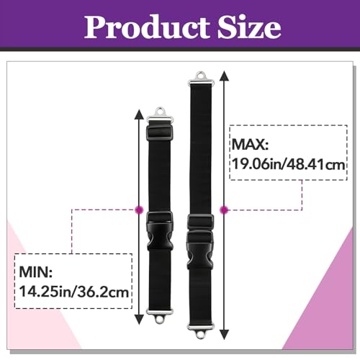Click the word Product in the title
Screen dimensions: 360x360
pos(147,27)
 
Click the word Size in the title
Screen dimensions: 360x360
pos(249,27)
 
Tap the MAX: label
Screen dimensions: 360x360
pos(250,145)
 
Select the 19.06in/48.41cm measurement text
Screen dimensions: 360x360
pos(289,165)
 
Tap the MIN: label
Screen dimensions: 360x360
pos(36,271)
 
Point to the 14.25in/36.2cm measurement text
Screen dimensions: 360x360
pos(74,292)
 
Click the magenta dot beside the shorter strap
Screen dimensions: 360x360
pos(139,210)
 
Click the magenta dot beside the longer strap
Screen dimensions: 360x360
pos(224,210)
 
